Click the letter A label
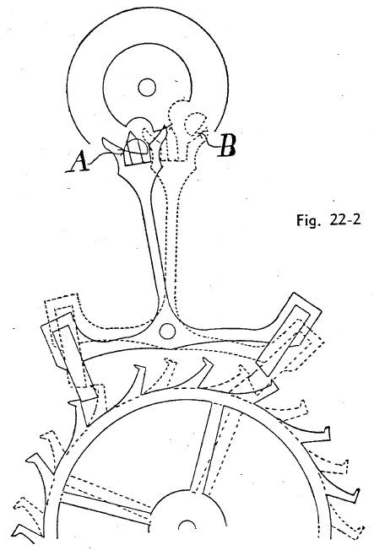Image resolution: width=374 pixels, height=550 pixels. point(77,160)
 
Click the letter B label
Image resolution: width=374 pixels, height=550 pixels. point(226,146)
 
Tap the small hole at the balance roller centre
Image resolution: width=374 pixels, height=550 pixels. point(147,88)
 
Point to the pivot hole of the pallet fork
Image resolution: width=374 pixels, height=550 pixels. point(167,331)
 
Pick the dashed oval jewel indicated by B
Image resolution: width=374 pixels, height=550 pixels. point(194,124)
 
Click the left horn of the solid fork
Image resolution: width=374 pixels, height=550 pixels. point(111,145)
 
